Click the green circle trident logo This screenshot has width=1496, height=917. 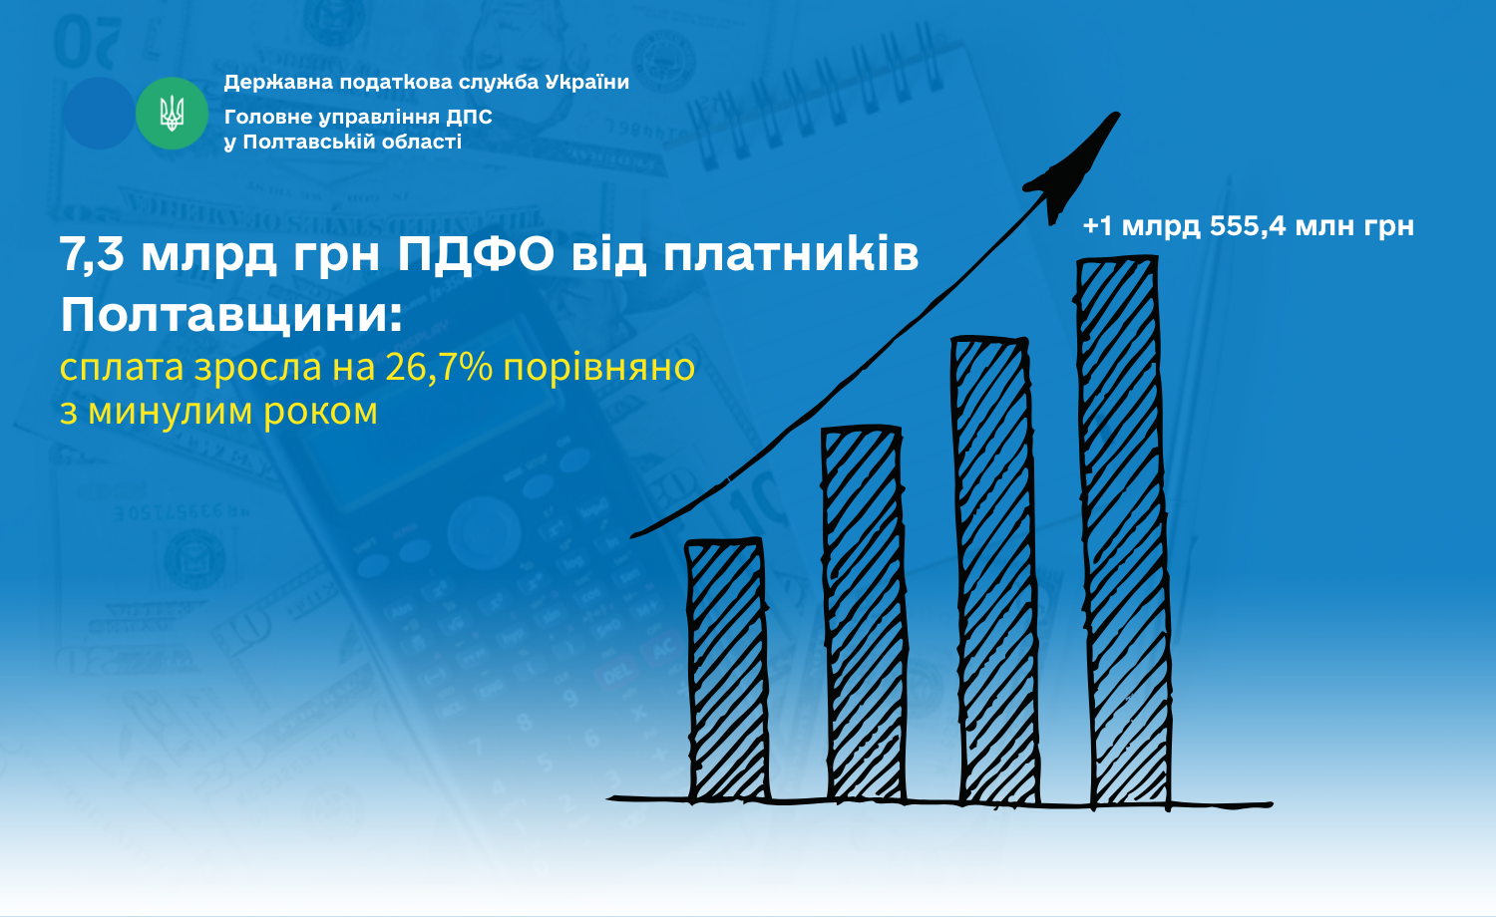click(x=172, y=114)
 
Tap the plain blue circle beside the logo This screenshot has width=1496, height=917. click(x=99, y=114)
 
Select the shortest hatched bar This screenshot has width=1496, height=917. click(x=727, y=670)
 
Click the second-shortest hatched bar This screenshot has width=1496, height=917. click(x=866, y=613)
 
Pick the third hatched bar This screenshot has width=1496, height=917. click(x=993, y=570)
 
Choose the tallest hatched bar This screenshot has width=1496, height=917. click(x=1124, y=531)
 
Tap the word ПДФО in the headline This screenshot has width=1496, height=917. click(x=476, y=254)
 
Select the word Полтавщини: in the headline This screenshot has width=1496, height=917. click(x=231, y=316)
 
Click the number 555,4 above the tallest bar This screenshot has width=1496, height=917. click(x=1248, y=226)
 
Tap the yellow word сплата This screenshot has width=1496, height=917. click(x=122, y=369)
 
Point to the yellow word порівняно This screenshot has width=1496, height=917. click(x=598, y=369)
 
